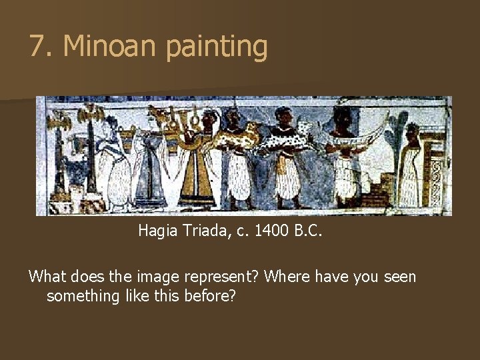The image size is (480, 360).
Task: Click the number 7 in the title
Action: tap(38, 47)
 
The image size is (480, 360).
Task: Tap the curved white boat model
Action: tap(363, 133)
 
